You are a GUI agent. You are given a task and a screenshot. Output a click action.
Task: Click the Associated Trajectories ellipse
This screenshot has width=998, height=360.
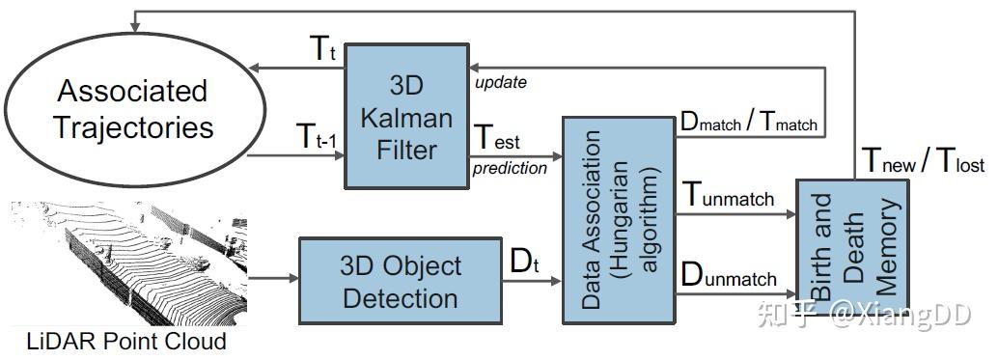pyautogui.click(x=132, y=109)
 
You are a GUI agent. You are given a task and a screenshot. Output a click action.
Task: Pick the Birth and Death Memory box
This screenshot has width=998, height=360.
pyautogui.click(x=852, y=247)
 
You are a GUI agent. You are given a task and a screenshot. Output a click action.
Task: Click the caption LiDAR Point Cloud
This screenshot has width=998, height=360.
pyautogui.click(x=125, y=341)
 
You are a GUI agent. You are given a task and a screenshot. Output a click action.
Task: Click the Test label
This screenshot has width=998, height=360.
pyautogui.click(x=496, y=139)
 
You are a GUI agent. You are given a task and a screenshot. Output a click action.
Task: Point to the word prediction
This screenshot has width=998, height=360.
pyautogui.click(x=510, y=168)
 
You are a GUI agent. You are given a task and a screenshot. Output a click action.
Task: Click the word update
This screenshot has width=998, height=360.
pyautogui.click(x=500, y=82)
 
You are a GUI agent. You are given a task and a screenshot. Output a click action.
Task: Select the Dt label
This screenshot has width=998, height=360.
pyautogui.click(x=523, y=262)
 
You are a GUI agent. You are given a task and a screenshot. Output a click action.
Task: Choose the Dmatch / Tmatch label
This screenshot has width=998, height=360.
pyautogui.click(x=748, y=120)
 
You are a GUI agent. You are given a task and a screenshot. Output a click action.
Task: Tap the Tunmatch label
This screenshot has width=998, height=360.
pyautogui.click(x=729, y=195)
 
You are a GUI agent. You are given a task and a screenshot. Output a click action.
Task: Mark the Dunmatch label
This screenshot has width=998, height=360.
pyautogui.click(x=729, y=275)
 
